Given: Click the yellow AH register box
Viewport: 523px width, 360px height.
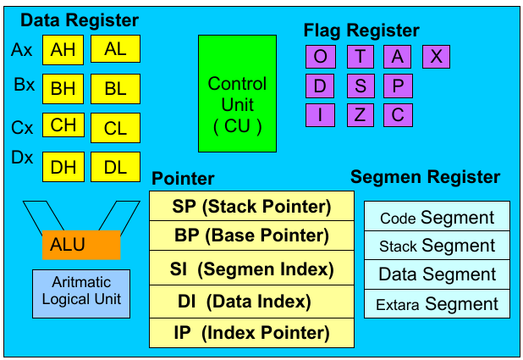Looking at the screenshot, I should point(63,50).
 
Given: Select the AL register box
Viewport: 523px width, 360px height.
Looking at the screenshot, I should point(115,50).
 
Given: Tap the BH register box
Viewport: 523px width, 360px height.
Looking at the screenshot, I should point(63,89).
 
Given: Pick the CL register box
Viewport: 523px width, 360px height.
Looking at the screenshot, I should point(115,129).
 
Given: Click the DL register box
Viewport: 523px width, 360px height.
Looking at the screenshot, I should point(115,167).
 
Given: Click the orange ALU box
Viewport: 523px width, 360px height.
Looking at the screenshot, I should point(81,245).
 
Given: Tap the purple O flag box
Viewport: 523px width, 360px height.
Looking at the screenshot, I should point(320,57).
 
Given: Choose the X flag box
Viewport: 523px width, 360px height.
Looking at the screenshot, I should point(436,57).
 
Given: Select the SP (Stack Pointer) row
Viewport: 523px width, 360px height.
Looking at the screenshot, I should point(251,206).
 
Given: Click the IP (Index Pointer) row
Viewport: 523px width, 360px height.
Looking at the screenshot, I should point(251,332).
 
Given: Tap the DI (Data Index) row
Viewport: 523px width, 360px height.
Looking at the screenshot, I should point(251,301).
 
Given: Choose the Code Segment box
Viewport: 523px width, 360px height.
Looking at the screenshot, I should point(437,218).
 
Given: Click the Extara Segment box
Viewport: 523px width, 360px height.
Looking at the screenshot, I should point(437,304).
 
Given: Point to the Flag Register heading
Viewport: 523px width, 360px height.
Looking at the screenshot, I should point(362,31).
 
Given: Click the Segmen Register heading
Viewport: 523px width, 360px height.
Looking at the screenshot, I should point(425,178).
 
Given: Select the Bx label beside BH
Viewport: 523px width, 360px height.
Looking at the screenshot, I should point(23,86).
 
